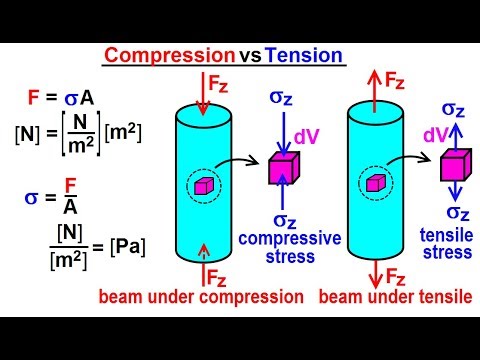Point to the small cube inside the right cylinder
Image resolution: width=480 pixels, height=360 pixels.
[375, 182]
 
